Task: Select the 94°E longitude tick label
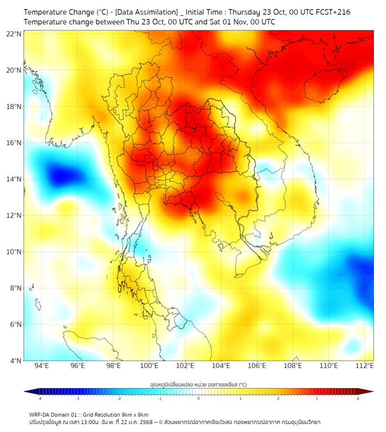coord(42,366)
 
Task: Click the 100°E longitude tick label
coord(149,366)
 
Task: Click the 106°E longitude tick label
coord(257,366)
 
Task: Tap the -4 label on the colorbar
coord(39,398)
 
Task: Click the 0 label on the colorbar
coord(199,398)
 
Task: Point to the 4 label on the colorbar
coord(358,398)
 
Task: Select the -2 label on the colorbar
coord(119,398)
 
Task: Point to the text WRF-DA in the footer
coord(42,414)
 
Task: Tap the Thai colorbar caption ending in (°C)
coord(198,385)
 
